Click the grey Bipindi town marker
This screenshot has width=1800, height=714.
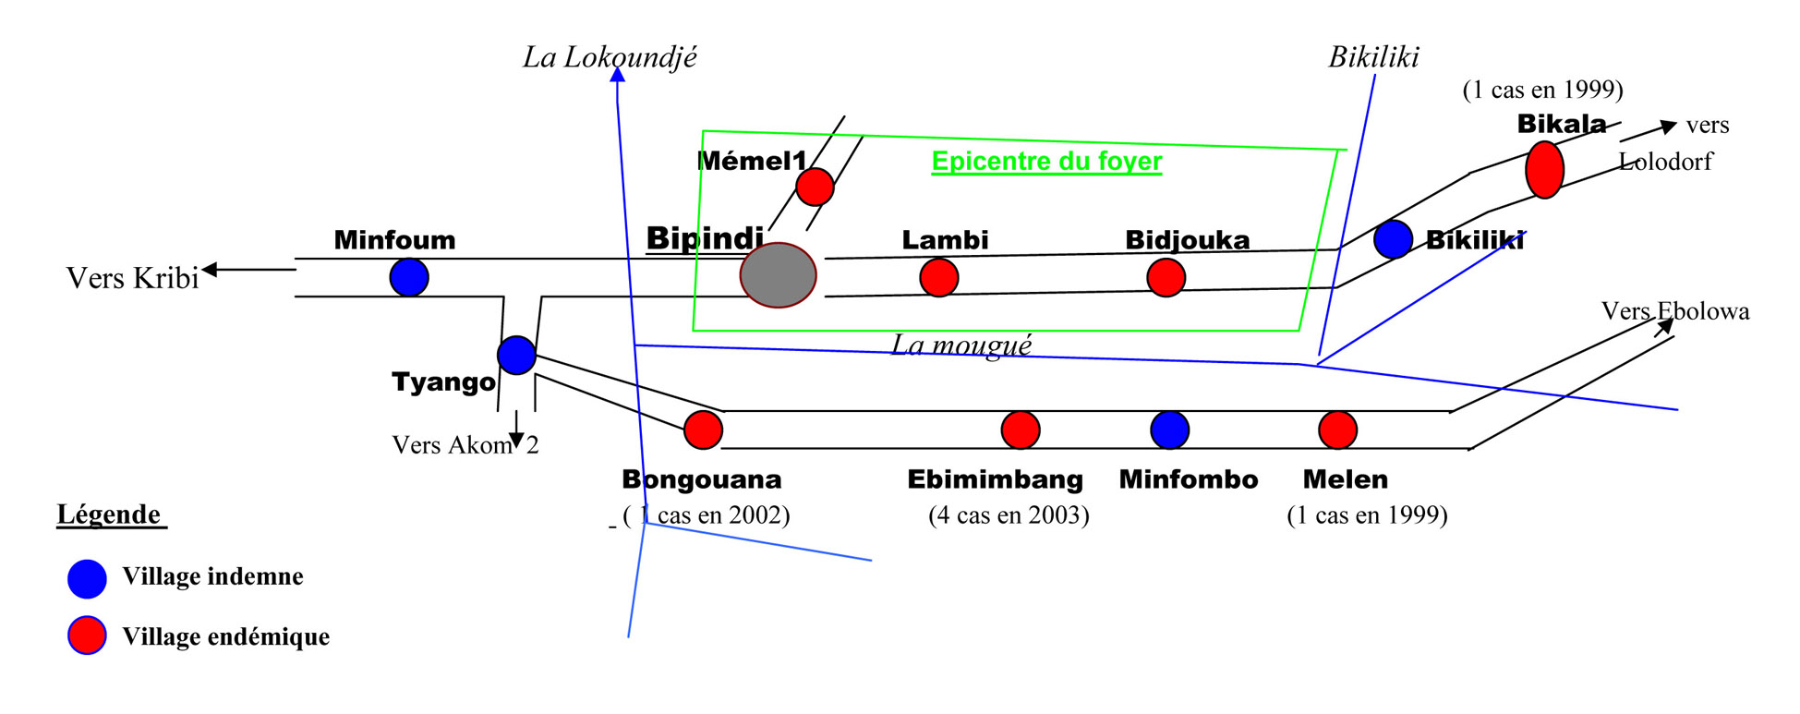[778, 275]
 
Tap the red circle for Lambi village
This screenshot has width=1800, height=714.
[939, 277]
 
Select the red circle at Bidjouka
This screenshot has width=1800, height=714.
[1166, 277]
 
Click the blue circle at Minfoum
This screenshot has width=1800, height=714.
[409, 277]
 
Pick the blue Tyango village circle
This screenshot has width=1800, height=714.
[516, 355]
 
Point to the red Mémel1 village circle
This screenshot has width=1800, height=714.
[815, 187]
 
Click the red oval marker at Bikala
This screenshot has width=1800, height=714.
[1544, 170]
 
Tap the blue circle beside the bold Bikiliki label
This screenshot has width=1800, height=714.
[1393, 239]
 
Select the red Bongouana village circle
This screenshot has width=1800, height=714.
[703, 430]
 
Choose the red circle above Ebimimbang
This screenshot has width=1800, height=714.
[1021, 430]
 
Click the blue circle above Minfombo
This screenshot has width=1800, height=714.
[1170, 430]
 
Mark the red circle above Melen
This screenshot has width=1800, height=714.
[1337, 430]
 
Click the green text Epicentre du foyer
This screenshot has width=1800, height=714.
[1046, 162]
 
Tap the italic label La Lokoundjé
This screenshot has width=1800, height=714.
[610, 57]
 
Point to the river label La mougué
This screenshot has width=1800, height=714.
[961, 345]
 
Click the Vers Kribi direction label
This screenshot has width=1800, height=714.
[133, 278]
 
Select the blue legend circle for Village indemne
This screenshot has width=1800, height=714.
[87, 578]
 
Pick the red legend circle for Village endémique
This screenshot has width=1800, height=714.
[87, 635]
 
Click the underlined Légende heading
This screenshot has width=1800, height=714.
[110, 514]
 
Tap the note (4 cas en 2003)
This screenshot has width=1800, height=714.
[1009, 514]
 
